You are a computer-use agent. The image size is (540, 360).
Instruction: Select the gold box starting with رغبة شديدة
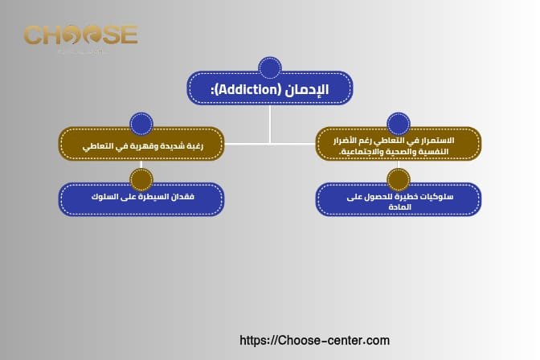(x=141, y=145)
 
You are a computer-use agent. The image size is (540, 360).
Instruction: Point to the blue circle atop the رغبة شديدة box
(x=141, y=123)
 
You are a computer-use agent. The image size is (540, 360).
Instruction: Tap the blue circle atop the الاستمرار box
(x=399, y=123)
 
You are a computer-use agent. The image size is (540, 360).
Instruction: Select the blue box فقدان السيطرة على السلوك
(x=141, y=198)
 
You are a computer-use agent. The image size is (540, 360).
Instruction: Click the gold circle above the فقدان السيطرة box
(x=141, y=178)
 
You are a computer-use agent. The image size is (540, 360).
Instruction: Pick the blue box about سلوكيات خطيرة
(x=399, y=199)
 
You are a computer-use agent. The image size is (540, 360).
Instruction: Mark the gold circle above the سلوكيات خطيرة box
(x=399, y=178)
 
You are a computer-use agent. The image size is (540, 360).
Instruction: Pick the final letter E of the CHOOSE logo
(x=129, y=35)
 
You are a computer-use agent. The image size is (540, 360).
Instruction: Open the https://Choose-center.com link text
(x=315, y=341)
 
